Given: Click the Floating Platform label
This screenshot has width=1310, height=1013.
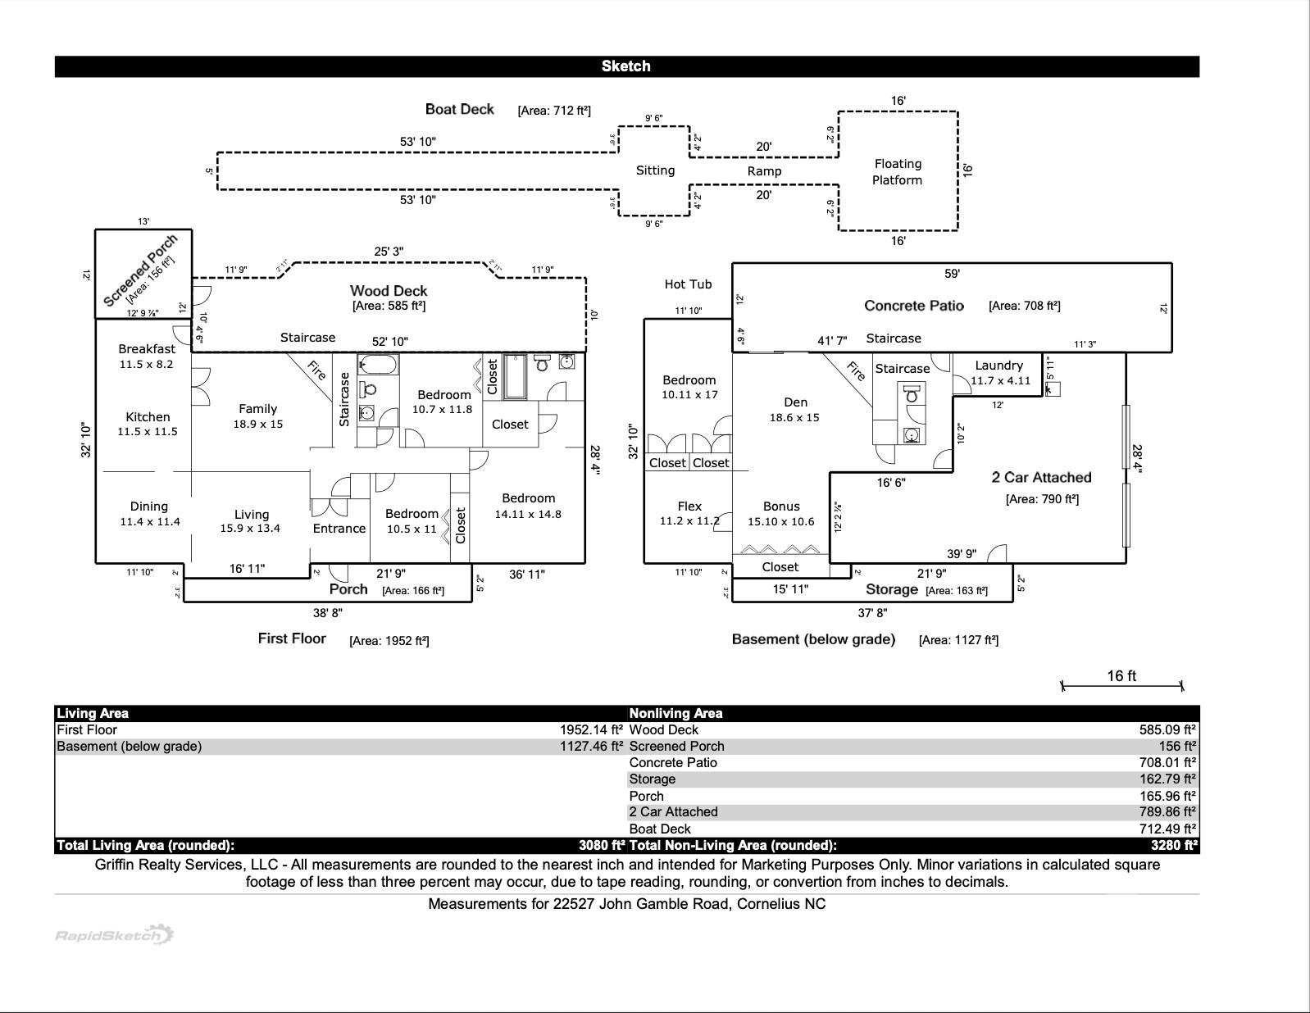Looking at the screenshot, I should tap(898, 172).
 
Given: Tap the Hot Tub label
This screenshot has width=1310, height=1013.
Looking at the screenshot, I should tap(688, 284).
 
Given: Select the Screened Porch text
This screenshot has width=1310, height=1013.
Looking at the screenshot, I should tap(140, 270).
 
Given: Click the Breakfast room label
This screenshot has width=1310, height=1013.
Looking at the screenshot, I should tap(147, 349).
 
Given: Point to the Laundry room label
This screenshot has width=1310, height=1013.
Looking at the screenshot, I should tap(998, 366).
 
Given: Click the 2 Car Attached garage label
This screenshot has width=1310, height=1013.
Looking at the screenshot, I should tap(1041, 478).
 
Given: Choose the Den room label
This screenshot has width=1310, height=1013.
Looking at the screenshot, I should tap(795, 402).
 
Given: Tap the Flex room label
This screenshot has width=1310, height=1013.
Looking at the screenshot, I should tap(689, 506).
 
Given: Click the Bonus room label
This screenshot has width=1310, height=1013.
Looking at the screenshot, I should tap(780, 506).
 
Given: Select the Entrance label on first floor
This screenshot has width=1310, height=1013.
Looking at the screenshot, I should tap(339, 529).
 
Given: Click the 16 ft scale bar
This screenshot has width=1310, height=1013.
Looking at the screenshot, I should tap(1121, 684).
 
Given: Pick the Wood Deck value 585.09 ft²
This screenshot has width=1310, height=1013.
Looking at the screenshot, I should tap(1167, 729).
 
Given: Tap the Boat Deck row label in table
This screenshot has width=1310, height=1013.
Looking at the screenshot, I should tap(660, 829).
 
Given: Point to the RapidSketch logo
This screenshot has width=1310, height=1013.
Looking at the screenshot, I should tap(114, 935).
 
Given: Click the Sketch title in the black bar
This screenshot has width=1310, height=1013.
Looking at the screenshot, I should tap(625, 66).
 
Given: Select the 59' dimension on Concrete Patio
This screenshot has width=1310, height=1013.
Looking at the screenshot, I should tap(952, 274).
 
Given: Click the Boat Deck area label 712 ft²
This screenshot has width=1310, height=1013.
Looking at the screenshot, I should tap(554, 111).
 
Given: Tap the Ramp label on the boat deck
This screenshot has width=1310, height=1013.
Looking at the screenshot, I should tap(764, 171).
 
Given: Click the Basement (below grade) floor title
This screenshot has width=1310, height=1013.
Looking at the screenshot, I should tap(813, 639).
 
